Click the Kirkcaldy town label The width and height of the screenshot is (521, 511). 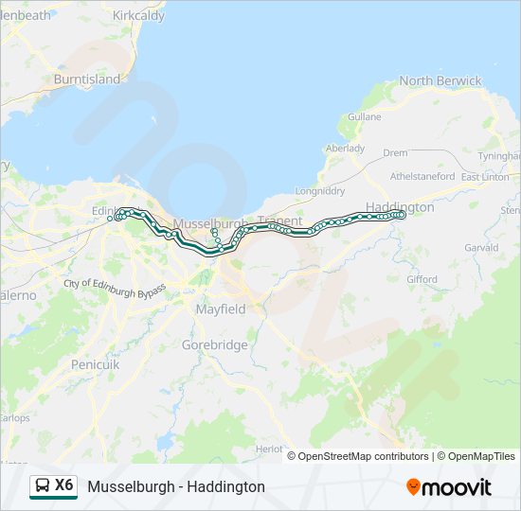pyautogui.click(x=138, y=16)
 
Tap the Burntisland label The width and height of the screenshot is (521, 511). pyautogui.click(x=87, y=79)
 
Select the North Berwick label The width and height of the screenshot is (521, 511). pyautogui.click(x=440, y=81)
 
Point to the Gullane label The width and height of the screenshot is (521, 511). pyautogui.click(x=365, y=116)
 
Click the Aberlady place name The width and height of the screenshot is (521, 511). pyautogui.click(x=345, y=149)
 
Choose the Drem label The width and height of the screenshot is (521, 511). pyautogui.click(x=395, y=152)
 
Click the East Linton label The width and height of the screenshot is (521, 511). pyautogui.click(x=484, y=177)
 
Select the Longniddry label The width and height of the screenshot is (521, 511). pyautogui.click(x=321, y=190)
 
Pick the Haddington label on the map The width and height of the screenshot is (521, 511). pyautogui.click(x=400, y=206)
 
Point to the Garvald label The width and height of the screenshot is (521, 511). pyautogui.click(x=481, y=248)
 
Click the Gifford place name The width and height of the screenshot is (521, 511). pyautogui.click(x=422, y=279)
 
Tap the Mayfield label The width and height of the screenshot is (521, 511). pyautogui.click(x=221, y=309)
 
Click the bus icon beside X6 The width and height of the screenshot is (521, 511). pyautogui.click(x=43, y=486)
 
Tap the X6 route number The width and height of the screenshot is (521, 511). pyautogui.click(x=64, y=485)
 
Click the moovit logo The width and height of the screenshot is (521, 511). pyautogui.click(x=449, y=487)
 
